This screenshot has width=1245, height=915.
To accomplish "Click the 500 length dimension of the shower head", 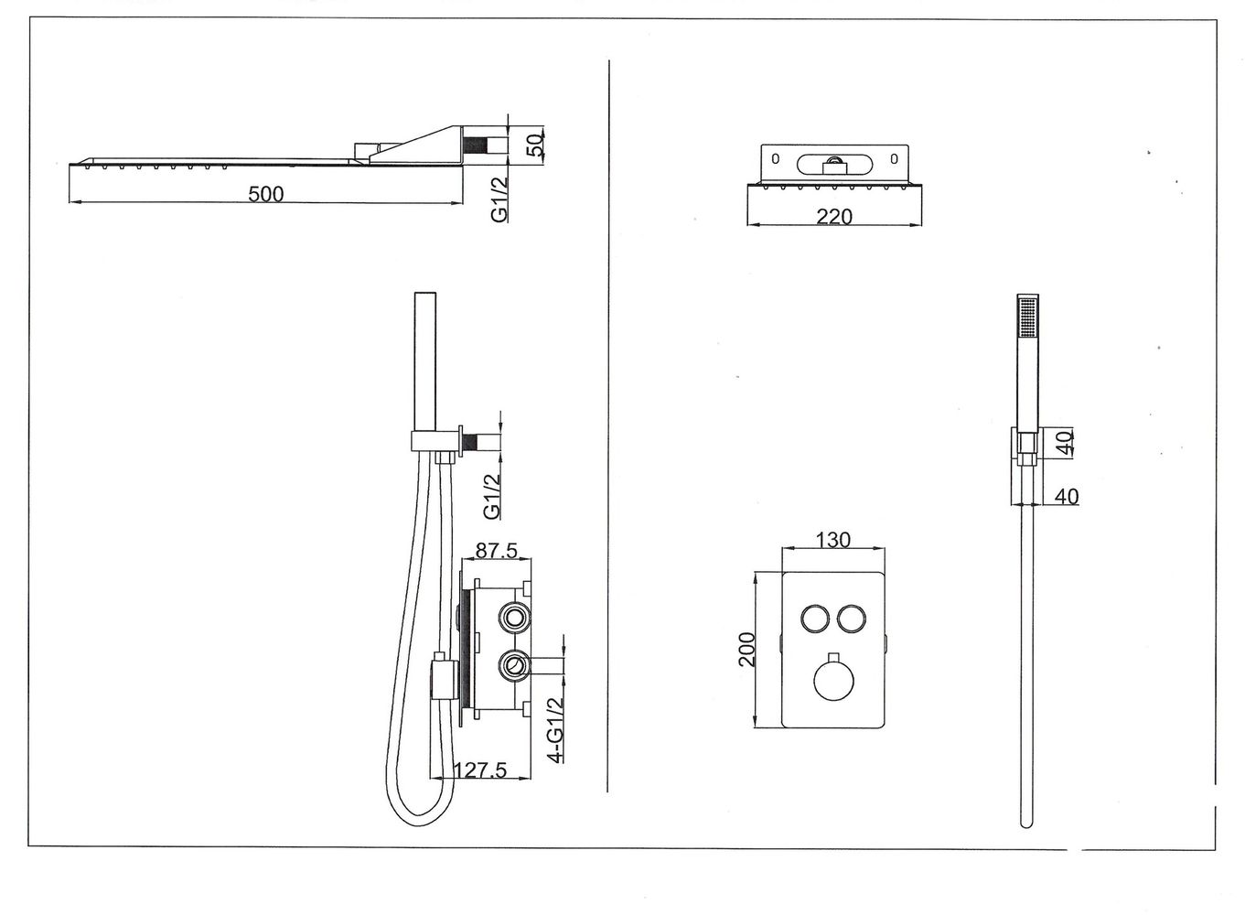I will click(x=266, y=194).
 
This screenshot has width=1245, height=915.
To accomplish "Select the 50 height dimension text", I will click(x=536, y=144).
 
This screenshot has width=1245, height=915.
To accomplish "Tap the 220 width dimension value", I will click(x=833, y=217).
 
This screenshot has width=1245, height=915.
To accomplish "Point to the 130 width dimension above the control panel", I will click(x=832, y=540).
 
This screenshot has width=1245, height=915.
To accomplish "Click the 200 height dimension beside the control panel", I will click(x=746, y=649).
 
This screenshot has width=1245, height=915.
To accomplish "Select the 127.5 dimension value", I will click(x=479, y=770).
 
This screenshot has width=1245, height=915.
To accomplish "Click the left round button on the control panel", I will click(x=813, y=619).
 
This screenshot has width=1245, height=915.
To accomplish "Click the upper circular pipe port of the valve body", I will click(x=514, y=619).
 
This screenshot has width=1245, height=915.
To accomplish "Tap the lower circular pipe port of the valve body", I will click(x=514, y=665).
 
